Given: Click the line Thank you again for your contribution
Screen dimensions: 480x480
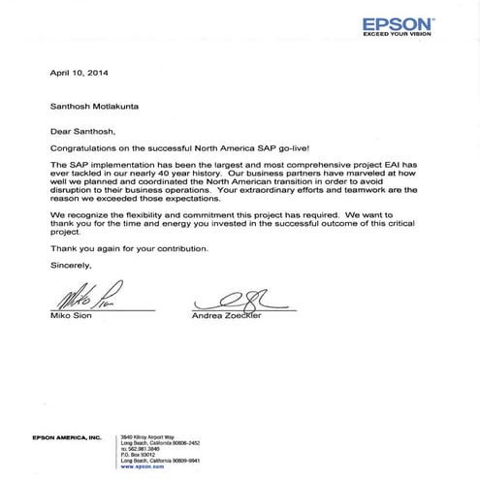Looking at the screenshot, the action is pyautogui.click(x=128, y=245).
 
